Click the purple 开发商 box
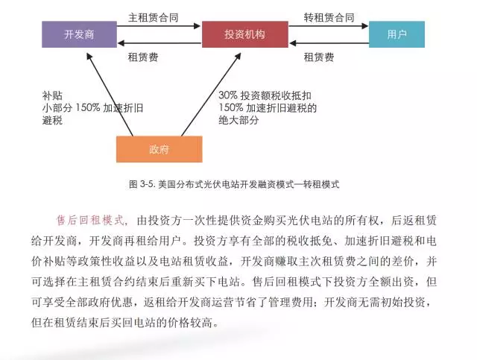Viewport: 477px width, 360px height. pyautogui.click(x=79, y=34)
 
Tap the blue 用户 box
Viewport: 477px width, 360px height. pyautogui.click(x=397, y=34)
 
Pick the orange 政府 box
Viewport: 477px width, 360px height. pyautogui.click(x=159, y=148)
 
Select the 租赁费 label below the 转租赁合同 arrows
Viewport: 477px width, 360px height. pyautogui.click(x=318, y=57)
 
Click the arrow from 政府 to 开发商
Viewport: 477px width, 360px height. pyautogui.click(x=110, y=93)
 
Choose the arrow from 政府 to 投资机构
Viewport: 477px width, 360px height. pyautogui.click(x=209, y=93)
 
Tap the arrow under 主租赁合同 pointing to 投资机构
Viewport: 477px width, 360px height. pyautogui.click(x=159, y=27)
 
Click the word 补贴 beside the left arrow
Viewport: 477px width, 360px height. pyautogui.click(x=52, y=96)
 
